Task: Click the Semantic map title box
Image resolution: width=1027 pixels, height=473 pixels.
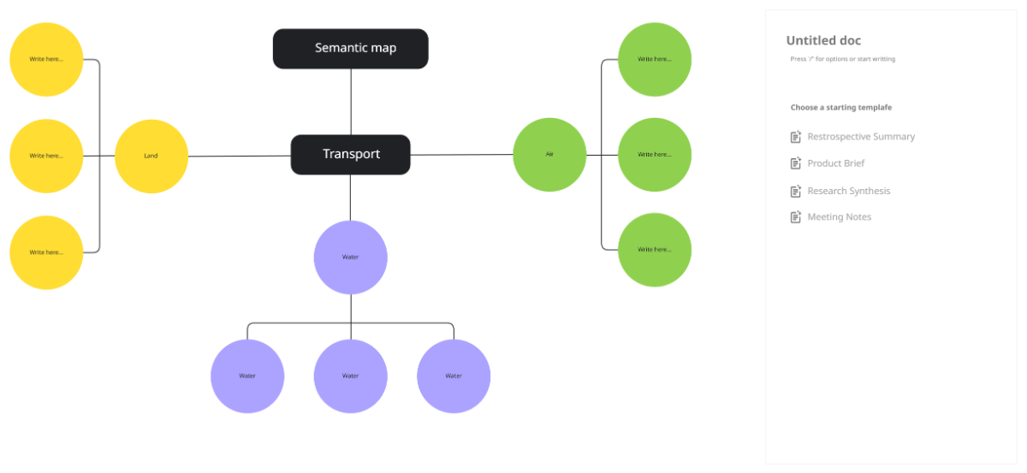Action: click(350, 49)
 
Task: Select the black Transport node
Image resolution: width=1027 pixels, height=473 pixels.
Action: click(350, 155)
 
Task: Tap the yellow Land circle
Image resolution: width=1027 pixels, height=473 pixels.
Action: click(151, 156)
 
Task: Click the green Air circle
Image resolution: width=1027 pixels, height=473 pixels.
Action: click(549, 155)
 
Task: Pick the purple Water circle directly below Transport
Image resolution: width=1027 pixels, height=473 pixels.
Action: click(350, 257)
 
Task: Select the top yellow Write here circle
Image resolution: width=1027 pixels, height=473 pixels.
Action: click(46, 59)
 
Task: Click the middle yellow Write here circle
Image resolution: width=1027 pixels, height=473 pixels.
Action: click(46, 156)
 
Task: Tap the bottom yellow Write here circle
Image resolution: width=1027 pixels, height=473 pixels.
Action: click(46, 252)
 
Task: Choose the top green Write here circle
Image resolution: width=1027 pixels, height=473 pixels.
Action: click(654, 59)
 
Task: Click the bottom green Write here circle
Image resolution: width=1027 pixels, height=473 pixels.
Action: click(654, 250)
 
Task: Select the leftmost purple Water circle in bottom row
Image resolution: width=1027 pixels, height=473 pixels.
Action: click(247, 375)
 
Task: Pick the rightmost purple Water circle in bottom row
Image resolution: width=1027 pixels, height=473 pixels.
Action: click(454, 375)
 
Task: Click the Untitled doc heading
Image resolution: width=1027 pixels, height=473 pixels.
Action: click(823, 40)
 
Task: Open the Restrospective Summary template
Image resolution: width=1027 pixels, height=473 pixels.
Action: click(860, 137)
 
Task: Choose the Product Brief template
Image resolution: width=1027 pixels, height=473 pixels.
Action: click(835, 163)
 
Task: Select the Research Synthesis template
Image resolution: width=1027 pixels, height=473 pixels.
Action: click(848, 191)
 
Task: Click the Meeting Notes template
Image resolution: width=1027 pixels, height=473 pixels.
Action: click(839, 217)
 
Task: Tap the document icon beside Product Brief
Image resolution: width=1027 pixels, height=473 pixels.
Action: click(796, 163)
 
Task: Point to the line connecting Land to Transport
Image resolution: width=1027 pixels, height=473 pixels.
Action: click(240, 156)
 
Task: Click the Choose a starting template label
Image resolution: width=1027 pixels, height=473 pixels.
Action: click(840, 108)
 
